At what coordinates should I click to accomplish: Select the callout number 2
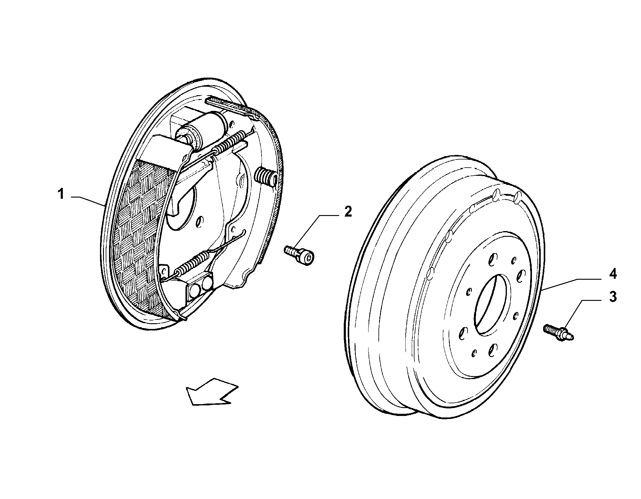(x=348, y=212)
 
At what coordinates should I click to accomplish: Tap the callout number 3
(x=613, y=297)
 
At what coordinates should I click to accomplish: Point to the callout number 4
(x=613, y=274)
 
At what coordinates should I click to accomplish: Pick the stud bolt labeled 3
(x=559, y=332)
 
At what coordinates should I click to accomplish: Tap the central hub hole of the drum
(x=492, y=305)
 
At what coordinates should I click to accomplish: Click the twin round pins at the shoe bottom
(x=200, y=290)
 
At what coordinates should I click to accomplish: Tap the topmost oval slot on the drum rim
(x=519, y=198)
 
